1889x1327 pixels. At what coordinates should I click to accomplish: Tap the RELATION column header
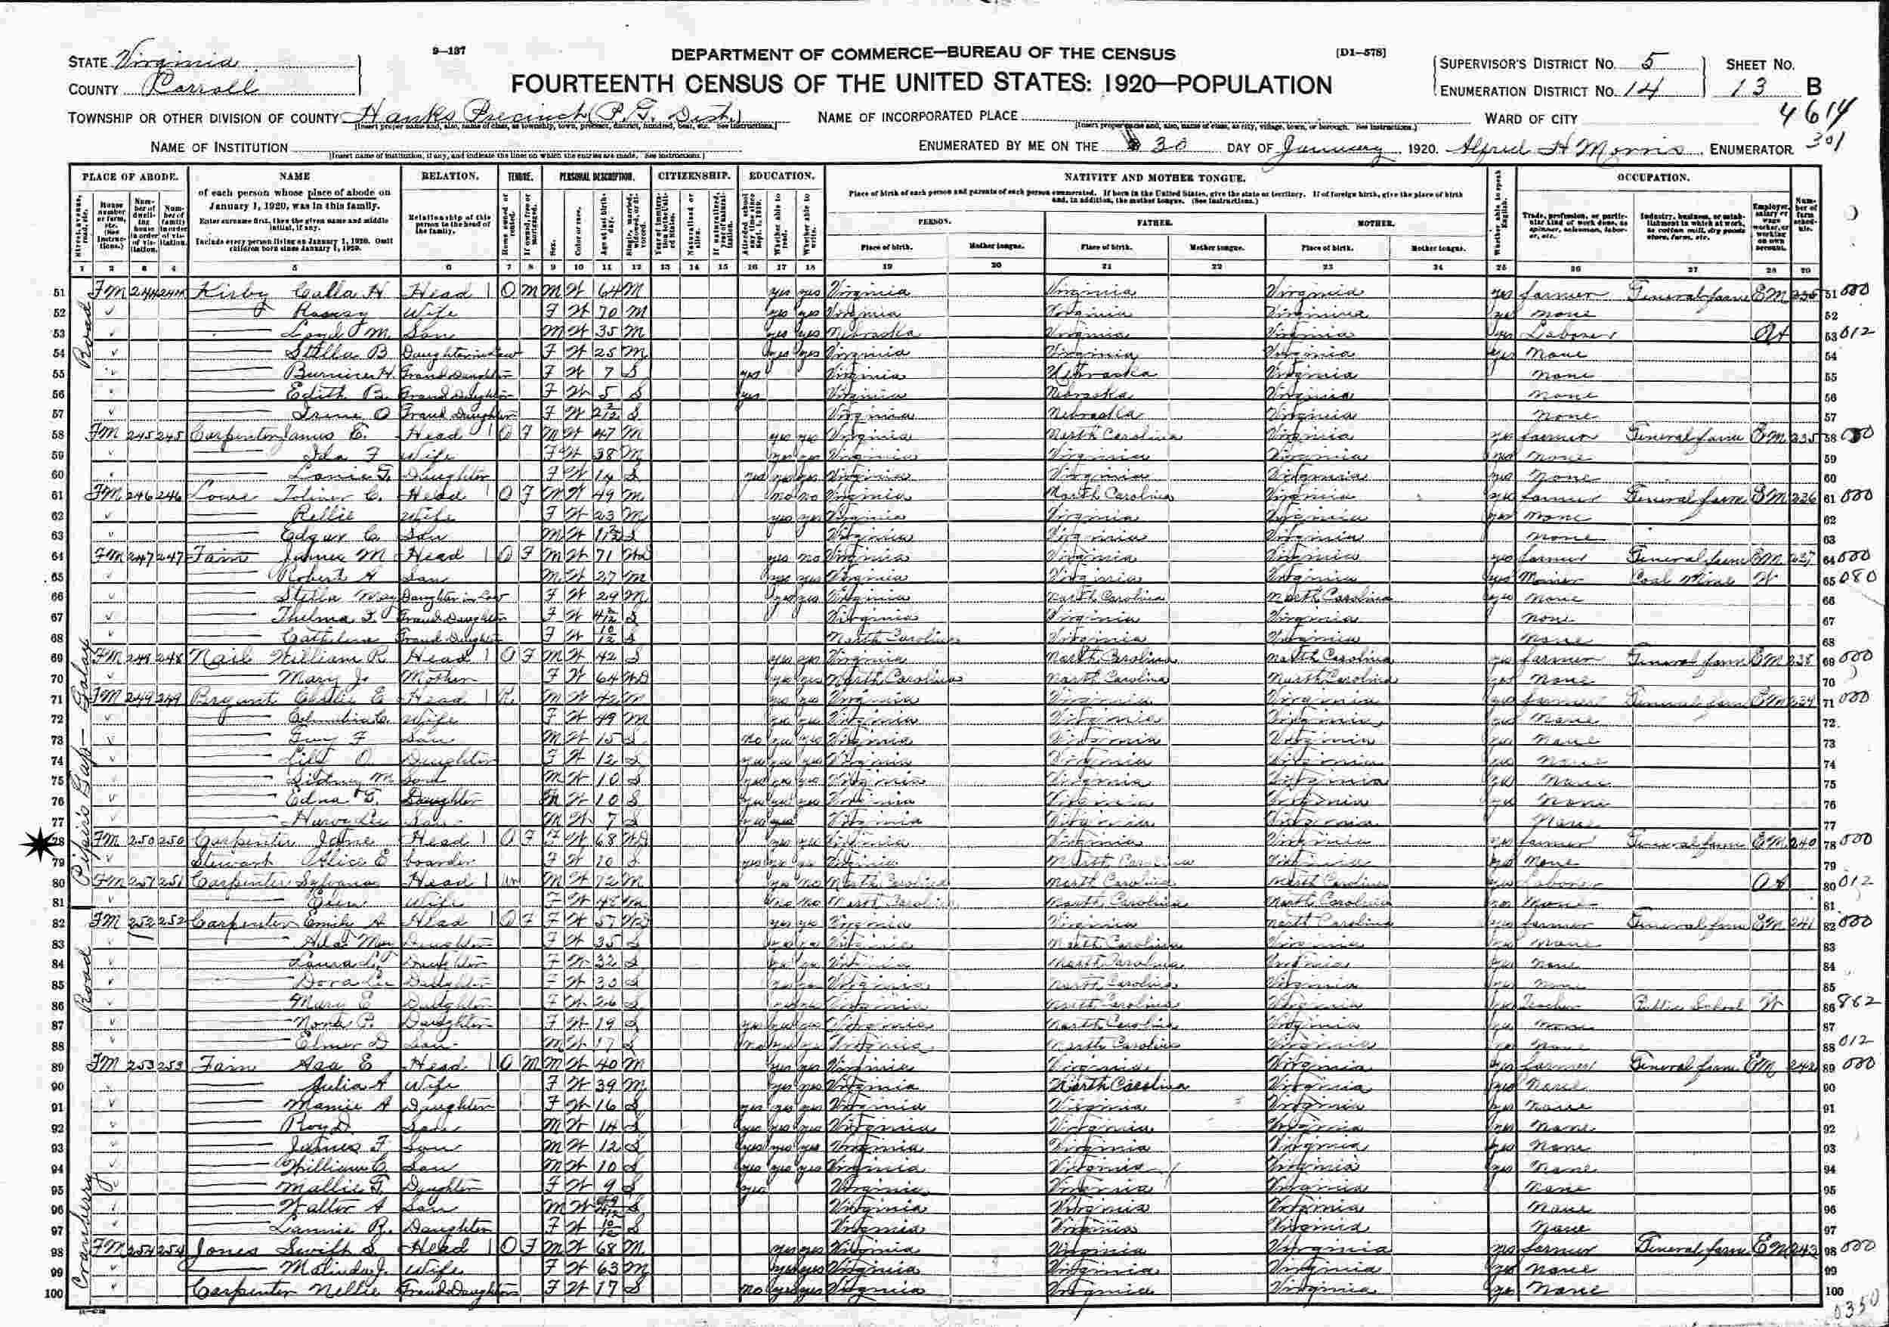click(x=450, y=175)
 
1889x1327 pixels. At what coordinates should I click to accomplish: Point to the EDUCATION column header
click(x=780, y=175)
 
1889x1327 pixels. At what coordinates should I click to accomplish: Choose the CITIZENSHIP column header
click(x=694, y=175)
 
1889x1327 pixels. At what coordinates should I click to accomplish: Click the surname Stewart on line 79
click(x=222, y=862)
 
